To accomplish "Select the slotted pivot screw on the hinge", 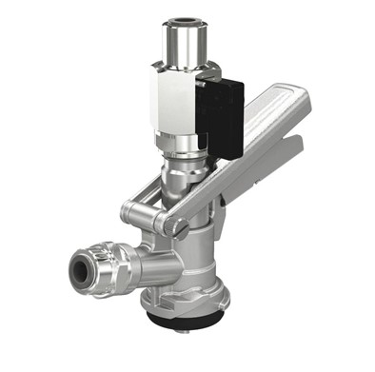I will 173,225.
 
